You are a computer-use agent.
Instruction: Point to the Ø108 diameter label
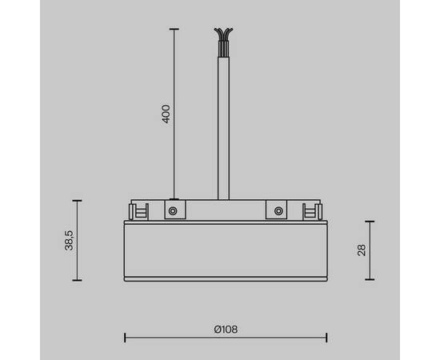click(x=226, y=329)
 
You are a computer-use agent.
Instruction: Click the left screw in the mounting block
click(x=172, y=211)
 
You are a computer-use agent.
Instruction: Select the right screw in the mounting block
click(x=278, y=211)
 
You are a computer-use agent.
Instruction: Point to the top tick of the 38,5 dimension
click(x=77, y=200)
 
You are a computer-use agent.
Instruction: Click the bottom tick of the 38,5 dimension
click(x=77, y=281)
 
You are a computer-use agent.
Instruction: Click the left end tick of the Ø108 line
click(x=125, y=337)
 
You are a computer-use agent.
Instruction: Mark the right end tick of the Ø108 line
click(x=326, y=337)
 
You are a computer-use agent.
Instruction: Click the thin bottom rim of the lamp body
click(x=225, y=278)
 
